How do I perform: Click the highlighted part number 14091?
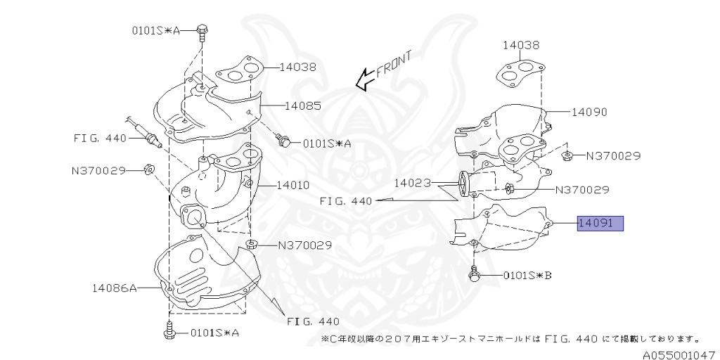(600, 224)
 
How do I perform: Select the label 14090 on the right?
(589, 112)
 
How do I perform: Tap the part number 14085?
(303, 106)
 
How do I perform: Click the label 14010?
(292, 186)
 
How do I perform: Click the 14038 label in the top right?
(521, 45)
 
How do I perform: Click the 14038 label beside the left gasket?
(297, 67)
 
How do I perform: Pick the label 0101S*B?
(527, 275)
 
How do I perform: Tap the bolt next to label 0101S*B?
(475, 274)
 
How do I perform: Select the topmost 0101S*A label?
(156, 30)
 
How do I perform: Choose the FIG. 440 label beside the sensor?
(100, 138)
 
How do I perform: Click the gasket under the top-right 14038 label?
(522, 72)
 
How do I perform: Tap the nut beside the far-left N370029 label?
(149, 169)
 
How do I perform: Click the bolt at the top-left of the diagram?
(202, 31)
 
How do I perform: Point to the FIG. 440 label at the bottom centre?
(314, 321)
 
